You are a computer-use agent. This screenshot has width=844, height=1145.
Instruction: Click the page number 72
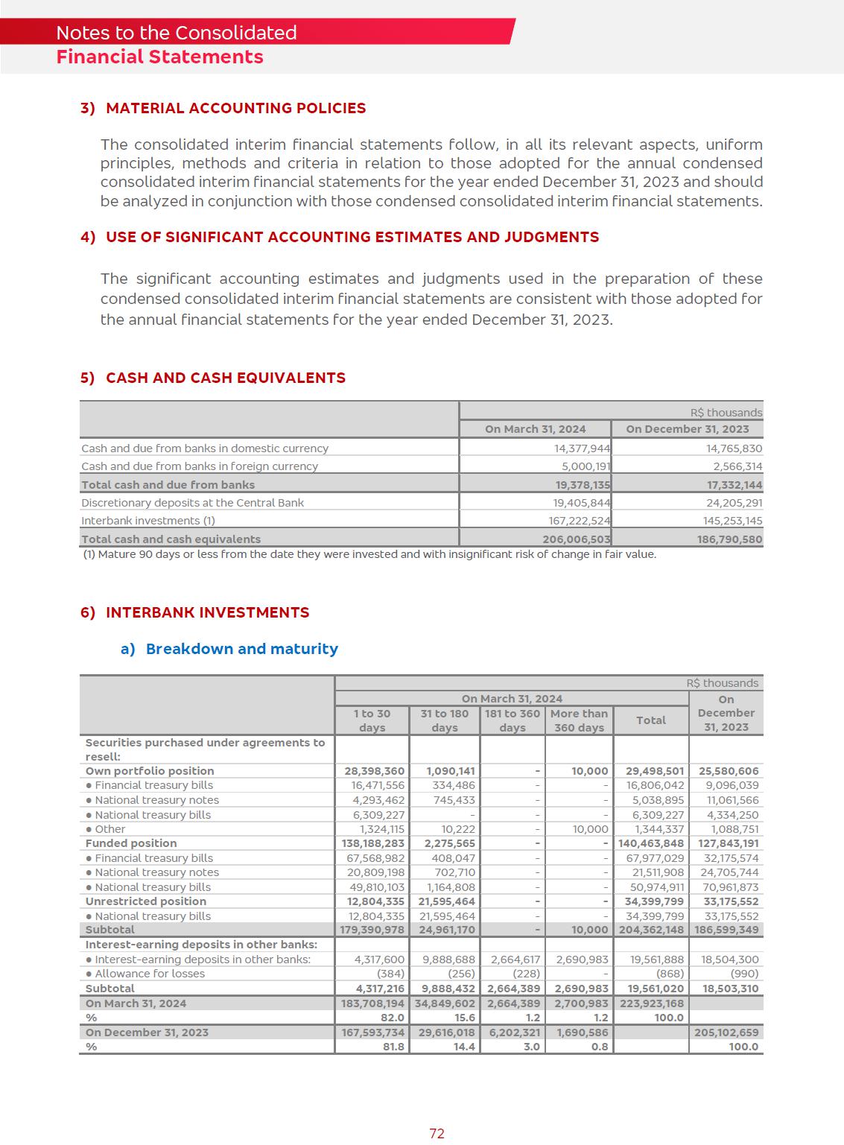point(437,1133)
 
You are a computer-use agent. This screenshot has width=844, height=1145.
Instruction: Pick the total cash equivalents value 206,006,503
point(576,539)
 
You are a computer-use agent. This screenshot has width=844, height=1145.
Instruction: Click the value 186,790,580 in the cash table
point(729,539)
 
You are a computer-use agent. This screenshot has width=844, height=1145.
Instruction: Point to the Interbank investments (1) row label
point(148,521)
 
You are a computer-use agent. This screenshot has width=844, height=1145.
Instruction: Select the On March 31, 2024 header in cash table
point(535,429)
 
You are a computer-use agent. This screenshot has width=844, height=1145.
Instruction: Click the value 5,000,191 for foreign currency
point(586,466)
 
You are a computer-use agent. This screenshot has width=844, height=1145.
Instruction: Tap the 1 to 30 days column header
point(372,720)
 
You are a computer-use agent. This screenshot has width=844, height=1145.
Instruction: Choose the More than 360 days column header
point(579,720)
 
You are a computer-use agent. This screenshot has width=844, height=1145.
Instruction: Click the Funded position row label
point(131,843)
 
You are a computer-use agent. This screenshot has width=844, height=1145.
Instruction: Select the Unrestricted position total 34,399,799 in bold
point(654,901)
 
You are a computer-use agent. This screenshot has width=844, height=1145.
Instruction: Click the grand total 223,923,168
point(651,1003)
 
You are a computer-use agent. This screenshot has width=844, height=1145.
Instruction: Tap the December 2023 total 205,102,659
point(726,1033)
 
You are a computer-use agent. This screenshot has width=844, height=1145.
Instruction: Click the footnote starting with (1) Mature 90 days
point(369,554)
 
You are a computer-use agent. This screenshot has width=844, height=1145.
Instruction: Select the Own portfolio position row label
point(150,771)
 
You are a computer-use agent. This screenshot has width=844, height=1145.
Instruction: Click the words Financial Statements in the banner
point(159,57)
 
